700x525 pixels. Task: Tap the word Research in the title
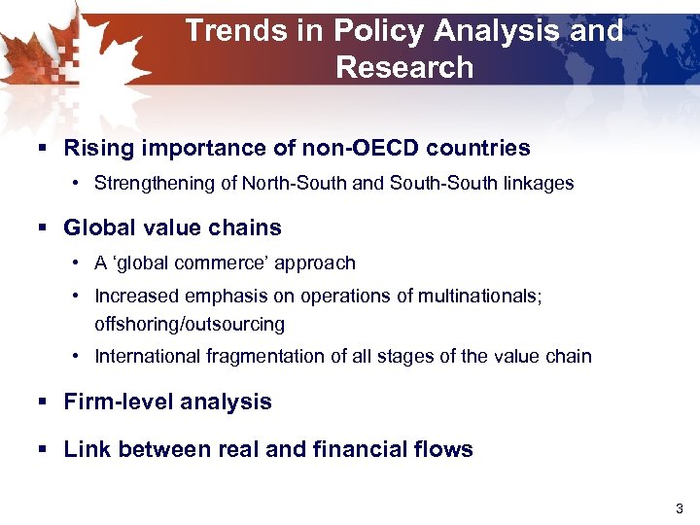[404, 67]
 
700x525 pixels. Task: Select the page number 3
[679, 508]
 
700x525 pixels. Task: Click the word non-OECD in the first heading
[367, 148]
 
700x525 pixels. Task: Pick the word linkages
[540, 183]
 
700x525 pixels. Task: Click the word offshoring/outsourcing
[190, 324]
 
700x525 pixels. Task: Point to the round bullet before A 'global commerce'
[76, 262]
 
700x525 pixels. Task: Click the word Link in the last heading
[86, 449]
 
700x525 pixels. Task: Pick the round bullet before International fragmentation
[76, 356]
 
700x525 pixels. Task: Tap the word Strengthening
[151, 183]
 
